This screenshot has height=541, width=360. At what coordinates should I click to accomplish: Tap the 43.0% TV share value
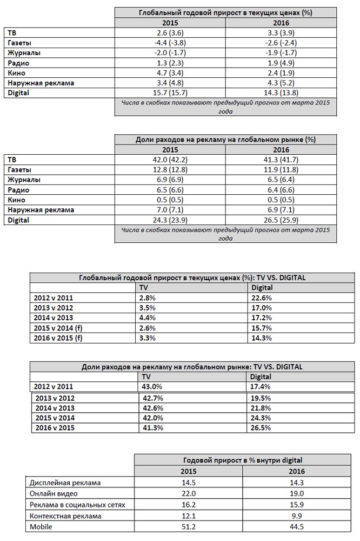point(152,387)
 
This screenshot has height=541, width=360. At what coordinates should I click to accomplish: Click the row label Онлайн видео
point(55,493)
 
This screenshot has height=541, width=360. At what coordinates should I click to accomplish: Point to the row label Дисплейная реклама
point(65,483)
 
